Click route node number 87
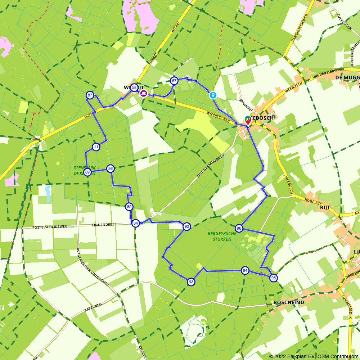click(x=90, y=95)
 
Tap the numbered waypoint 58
click(x=134, y=87)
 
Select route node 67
click(x=174, y=80)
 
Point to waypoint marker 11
click(x=96, y=147)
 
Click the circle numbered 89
click(x=87, y=172)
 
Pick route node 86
click(x=111, y=168)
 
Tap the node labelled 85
click(x=129, y=207)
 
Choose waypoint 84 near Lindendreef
click(x=135, y=223)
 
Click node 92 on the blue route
click(x=186, y=226)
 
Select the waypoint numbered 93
click(x=191, y=282)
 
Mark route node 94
click(x=245, y=270)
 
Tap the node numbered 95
click(x=274, y=278)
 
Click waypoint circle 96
click(x=239, y=228)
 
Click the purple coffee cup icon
click(x=144, y=93)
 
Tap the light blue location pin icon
click(x=213, y=95)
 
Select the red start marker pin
click(x=248, y=120)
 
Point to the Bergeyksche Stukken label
click(x=222, y=236)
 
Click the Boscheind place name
click(x=289, y=302)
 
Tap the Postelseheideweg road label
click(x=50, y=227)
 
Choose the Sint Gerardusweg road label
click(x=210, y=166)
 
